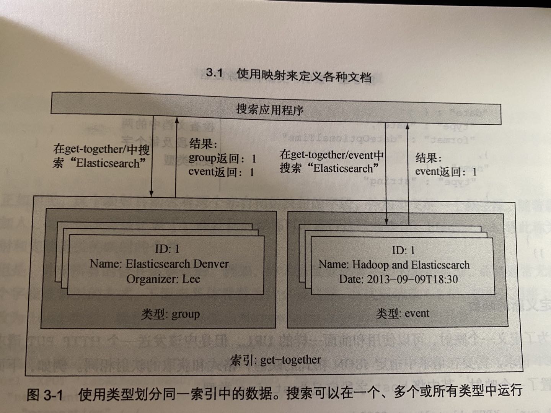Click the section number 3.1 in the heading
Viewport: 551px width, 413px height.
point(214,73)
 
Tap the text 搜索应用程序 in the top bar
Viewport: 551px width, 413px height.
point(270,110)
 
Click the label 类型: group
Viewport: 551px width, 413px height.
point(170,314)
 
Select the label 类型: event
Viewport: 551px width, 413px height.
point(403,314)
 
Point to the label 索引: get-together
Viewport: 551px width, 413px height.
point(275,360)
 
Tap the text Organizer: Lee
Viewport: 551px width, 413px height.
point(163,279)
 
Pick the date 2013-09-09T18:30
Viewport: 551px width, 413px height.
point(412,279)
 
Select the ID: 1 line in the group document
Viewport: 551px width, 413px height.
point(167,249)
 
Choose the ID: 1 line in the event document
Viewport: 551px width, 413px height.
point(403,250)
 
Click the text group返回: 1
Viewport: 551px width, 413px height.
point(222,158)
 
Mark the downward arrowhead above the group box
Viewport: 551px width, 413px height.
point(152,194)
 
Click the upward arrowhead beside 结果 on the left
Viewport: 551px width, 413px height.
point(176,120)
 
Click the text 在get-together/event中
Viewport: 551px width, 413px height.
point(331,155)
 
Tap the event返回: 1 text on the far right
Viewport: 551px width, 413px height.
point(446,171)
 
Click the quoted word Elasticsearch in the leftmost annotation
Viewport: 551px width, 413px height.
point(108,163)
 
